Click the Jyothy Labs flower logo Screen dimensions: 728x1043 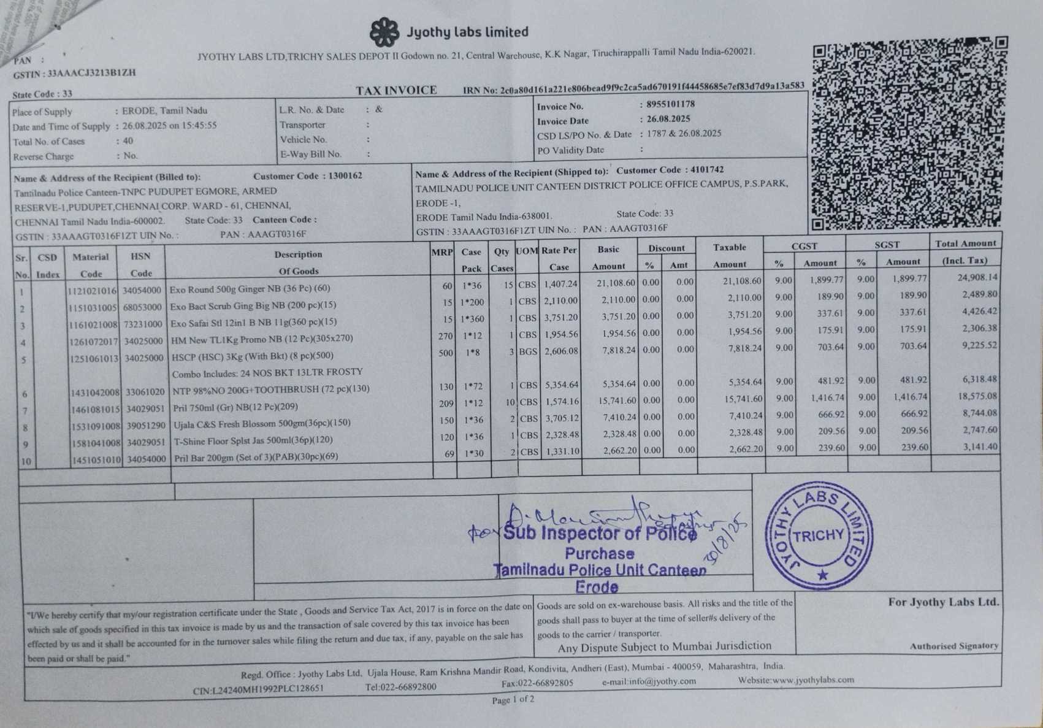384,32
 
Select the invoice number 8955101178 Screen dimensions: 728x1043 670,104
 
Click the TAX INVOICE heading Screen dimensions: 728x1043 396,91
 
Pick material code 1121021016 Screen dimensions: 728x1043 92,290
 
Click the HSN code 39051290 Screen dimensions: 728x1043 143,426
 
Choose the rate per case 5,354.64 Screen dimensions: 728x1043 561,385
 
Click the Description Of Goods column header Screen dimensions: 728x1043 299,262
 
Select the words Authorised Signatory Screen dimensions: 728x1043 953,646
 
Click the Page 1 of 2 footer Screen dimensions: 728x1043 513,699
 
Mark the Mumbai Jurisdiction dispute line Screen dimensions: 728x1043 664,646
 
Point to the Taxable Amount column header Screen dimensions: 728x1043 730,255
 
